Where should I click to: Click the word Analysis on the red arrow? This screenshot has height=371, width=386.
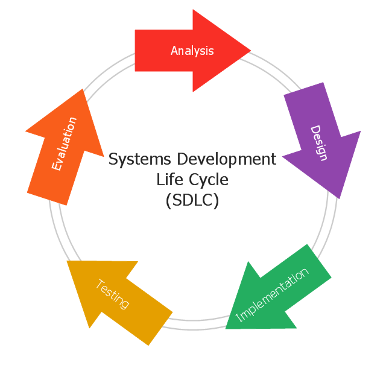(192, 51)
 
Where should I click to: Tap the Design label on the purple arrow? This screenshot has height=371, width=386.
(319, 143)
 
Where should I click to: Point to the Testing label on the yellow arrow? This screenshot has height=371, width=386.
(113, 294)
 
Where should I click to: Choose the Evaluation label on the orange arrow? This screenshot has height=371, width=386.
(64, 144)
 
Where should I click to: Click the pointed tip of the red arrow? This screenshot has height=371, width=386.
(249, 51)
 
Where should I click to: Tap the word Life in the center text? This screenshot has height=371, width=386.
(168, 179)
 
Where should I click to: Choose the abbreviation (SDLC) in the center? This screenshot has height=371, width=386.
(192, 200)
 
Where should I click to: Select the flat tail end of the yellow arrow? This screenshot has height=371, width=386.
(160, 329)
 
